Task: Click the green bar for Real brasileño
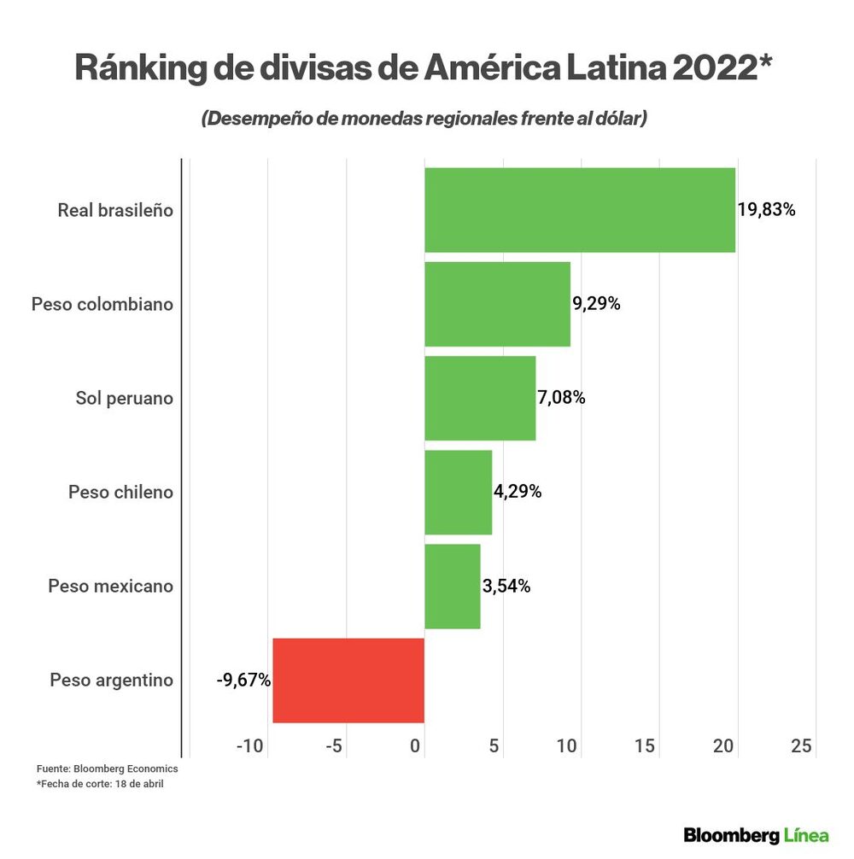point(580,210)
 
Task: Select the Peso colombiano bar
point(497,304)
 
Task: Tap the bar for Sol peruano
point(480,398)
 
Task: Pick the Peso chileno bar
point(459,492)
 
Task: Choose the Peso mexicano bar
point(453,586)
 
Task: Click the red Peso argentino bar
point(348,681)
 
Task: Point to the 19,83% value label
point(766,210)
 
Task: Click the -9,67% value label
point(243,681)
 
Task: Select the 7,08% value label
point(561,398)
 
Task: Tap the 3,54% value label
point(506,586)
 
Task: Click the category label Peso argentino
point(111,681)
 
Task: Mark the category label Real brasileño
point(115,210)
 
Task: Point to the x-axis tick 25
point(801,746)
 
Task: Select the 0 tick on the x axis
point(417,746)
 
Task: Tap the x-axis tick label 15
point(646,746)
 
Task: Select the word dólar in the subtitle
point(615,119)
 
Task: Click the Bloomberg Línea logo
point(756,834)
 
